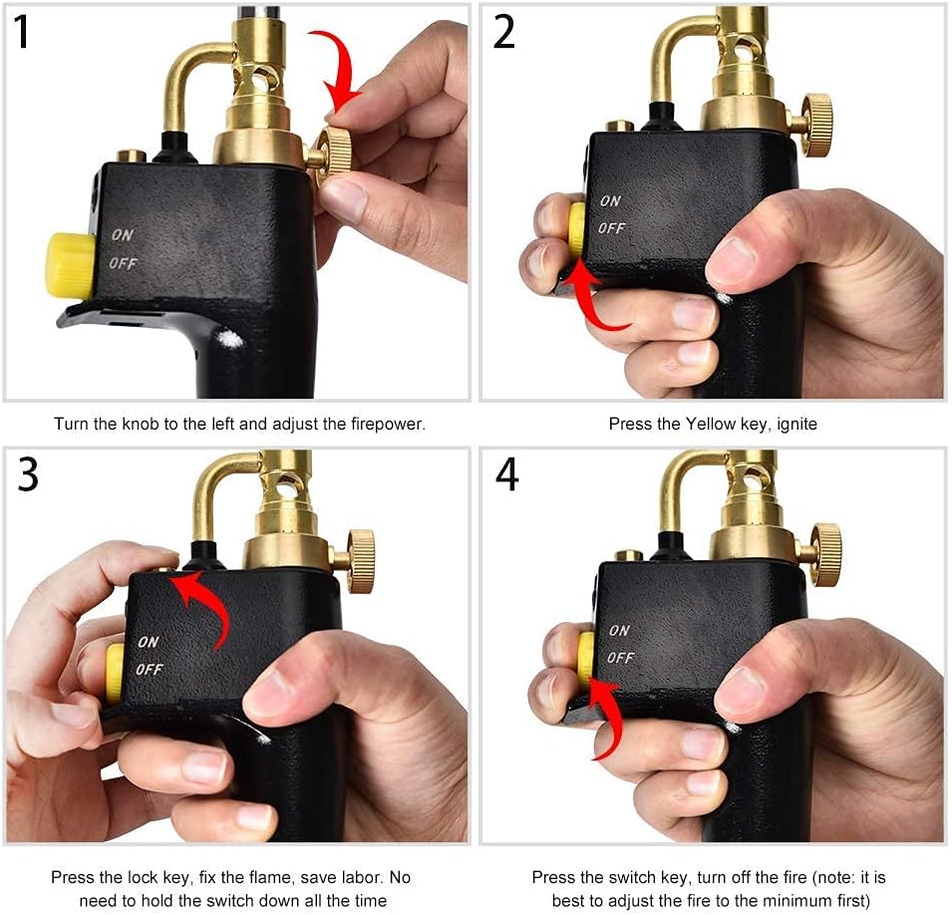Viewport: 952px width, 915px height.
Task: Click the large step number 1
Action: click(x=21, y=32)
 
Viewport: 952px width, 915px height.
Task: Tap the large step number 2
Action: click(x=504, y=32)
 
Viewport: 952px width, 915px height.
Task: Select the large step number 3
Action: click(x=28, y=474)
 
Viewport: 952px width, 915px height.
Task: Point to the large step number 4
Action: click(x=507, y=474)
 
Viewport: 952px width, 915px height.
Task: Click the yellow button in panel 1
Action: click(x=71, y=266)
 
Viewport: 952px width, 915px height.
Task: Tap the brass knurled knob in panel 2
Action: click(x=816, y=125)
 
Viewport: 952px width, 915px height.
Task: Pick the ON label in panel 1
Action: click(x=122, y=234)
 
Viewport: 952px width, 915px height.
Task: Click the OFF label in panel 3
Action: click(x=150, y=669)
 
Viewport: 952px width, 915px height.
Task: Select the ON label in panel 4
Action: click(x=619, y=630)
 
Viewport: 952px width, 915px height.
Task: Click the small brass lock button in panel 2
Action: click(x=620, y=127)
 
